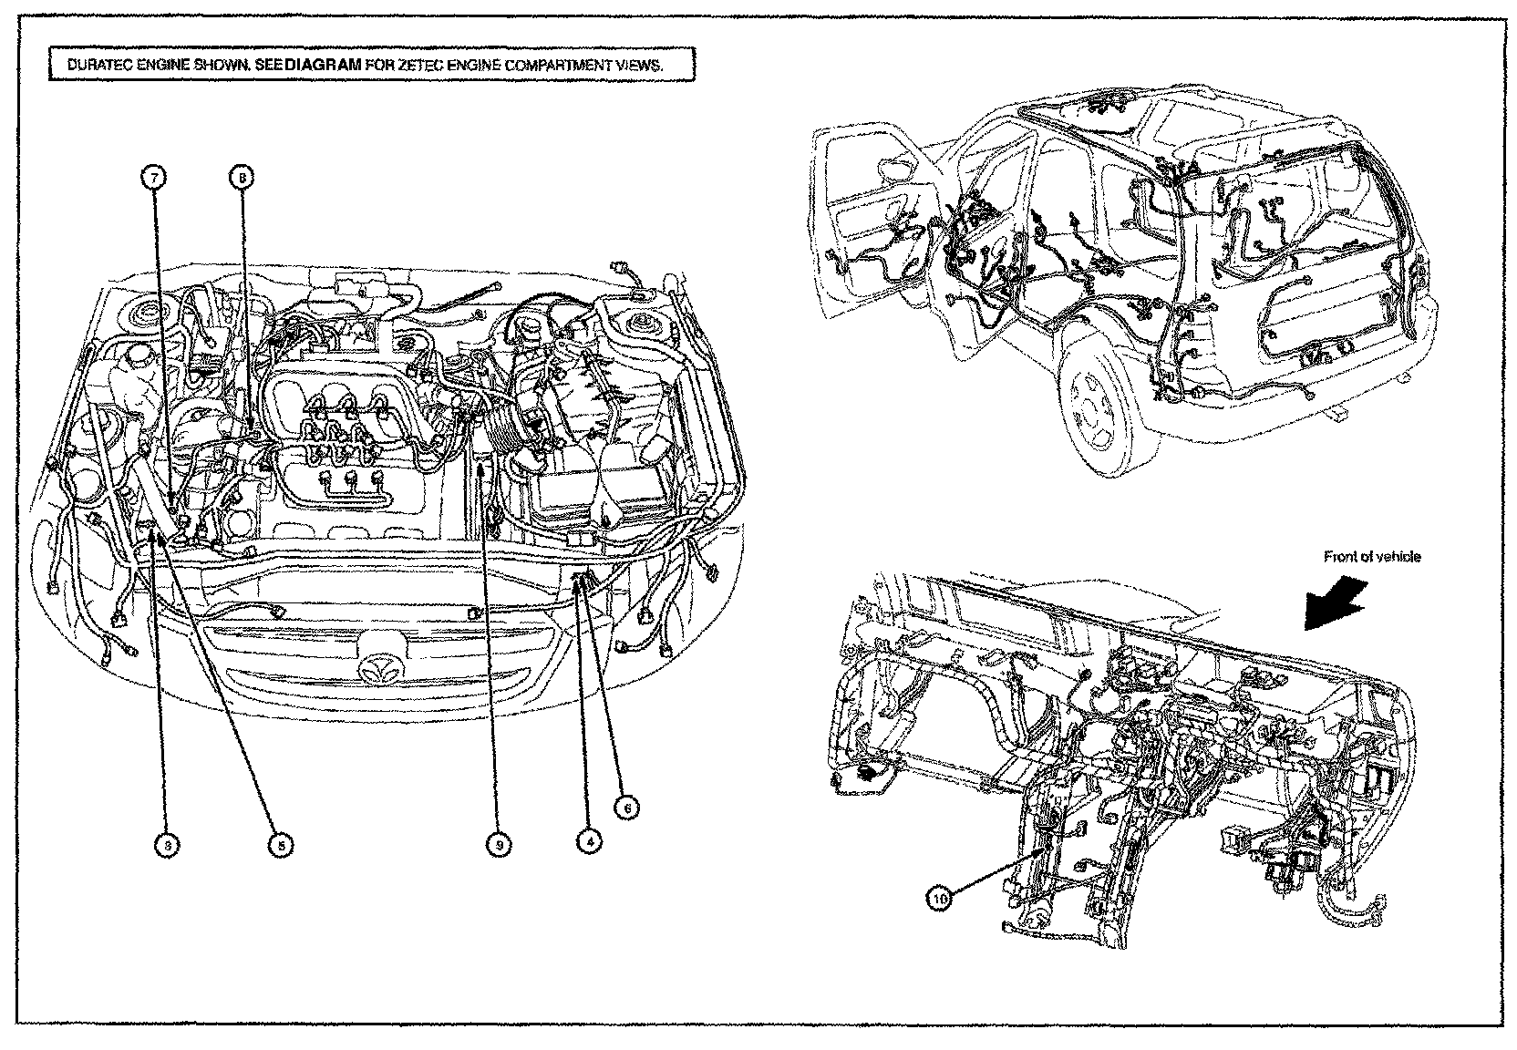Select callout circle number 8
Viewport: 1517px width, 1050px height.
coord(242,179)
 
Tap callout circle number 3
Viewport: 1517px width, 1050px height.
coord(167,845)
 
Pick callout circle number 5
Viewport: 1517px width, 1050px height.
coord(281,845)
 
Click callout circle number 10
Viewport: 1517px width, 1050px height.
coord(939,898)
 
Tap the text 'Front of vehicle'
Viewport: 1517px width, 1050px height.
coord(1372,556)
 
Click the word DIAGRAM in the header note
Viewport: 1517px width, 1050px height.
coord(311,66)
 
